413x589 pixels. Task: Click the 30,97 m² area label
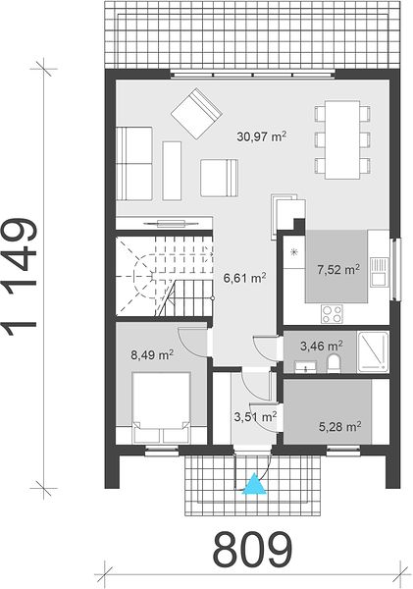pyautogui.click(x=262, y=136)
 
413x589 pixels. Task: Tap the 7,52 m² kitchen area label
pyautogui.click(x=338, y=269)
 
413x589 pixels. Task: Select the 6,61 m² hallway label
pyautogui.click(x=245, y=278)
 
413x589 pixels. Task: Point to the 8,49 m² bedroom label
pyautogui.click(x=152, y=354)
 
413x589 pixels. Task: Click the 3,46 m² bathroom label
pyautogui.click(x=322, y=346)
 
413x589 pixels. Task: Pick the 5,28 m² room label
pyautogui.click(x=340, y=426)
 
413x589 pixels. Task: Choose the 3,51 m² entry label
pyautogui.click(x=256, y=416)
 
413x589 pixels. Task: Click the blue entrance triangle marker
pyautogui.click(x=255, y=483)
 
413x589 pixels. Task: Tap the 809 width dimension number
pyautogui.click(x=252, y=550)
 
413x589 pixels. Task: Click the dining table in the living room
pyautogui.click(x=342, y=139)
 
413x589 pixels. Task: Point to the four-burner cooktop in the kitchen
pyautogui.click(x=332, y=313)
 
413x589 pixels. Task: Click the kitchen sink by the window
pyautogui.click(x=378, y=271)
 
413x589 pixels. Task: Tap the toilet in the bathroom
pyautogui.click(x=334, y=364)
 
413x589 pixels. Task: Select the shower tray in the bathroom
pyautogui.click(x=373, y=351)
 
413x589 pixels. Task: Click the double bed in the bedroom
pyautogui.click(x=162, y=407)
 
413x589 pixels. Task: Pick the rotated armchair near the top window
pyautogui.click(x=196, y=114)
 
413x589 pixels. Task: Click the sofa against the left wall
pyautogui.click(x=134, y=163)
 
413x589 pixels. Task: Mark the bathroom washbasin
pyautogui.click(x=305, y=366)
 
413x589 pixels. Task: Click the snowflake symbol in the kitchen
pyautogui.click(x=294, y=252)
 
